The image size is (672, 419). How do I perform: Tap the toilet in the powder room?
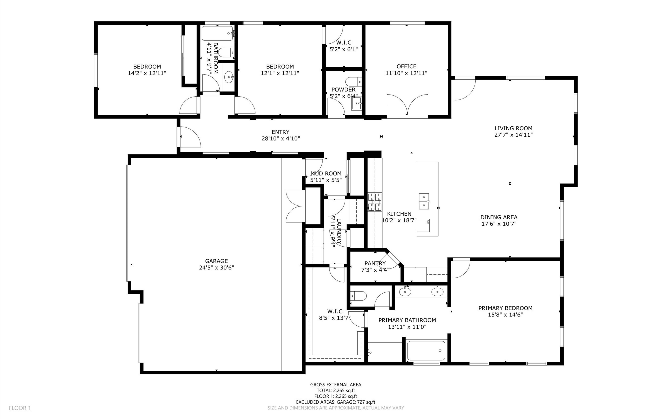354,82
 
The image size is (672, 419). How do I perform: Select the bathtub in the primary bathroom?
426,351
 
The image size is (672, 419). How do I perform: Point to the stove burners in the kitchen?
375,202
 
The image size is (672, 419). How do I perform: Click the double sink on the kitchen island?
424,201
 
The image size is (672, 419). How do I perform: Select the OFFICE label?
406,66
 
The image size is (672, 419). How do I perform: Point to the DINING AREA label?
499,218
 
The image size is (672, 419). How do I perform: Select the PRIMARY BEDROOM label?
505,308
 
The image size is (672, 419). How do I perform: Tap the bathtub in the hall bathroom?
217,34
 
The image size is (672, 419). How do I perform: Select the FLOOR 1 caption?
20,408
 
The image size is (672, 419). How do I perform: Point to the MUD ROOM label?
326,174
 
